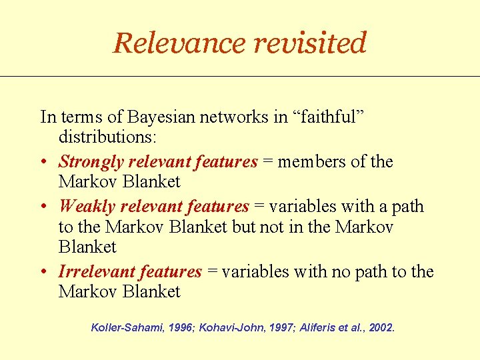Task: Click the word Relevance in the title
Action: [178, 43]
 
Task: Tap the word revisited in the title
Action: [309, 43]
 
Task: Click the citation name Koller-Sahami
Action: [127, 328]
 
